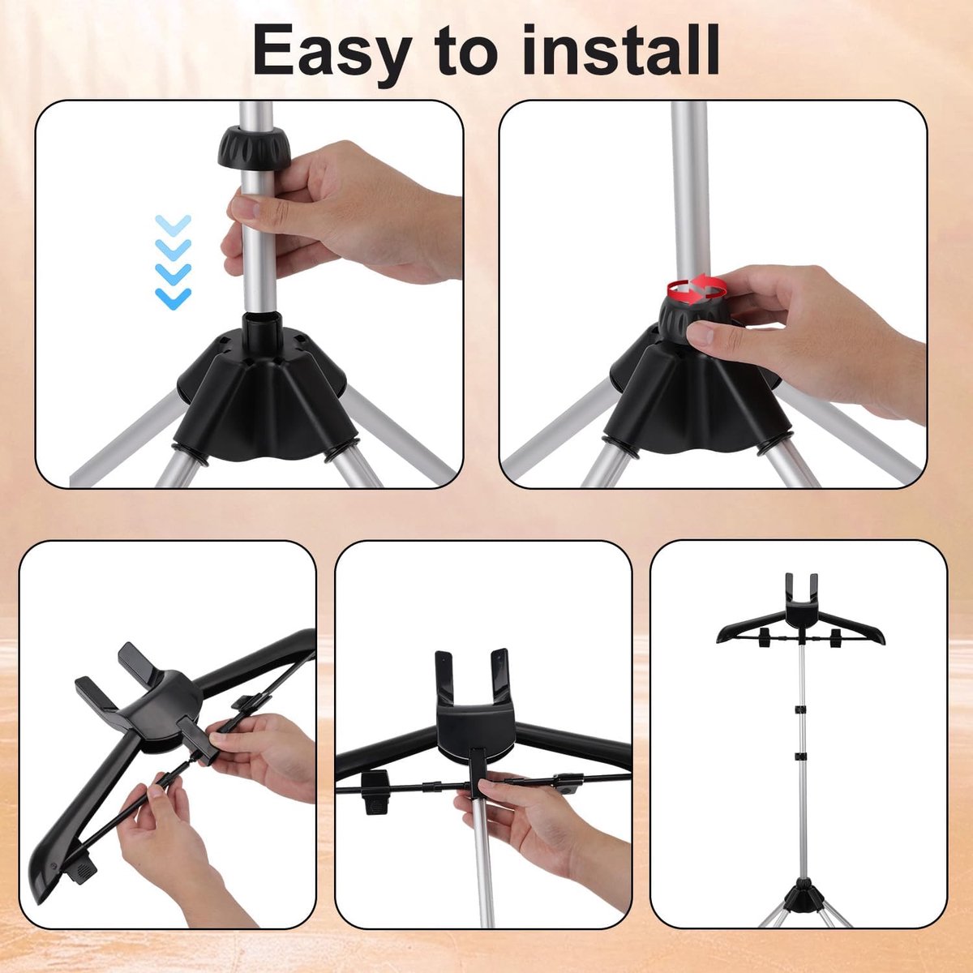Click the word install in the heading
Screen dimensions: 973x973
click(620, 49)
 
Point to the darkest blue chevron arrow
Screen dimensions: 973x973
click(174, 298)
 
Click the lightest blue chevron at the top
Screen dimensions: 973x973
click(174, 225)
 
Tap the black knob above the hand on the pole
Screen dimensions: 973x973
click(255, 147)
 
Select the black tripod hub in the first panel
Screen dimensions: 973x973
click(260, 395)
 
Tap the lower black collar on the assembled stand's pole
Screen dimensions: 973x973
click(799, 770)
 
